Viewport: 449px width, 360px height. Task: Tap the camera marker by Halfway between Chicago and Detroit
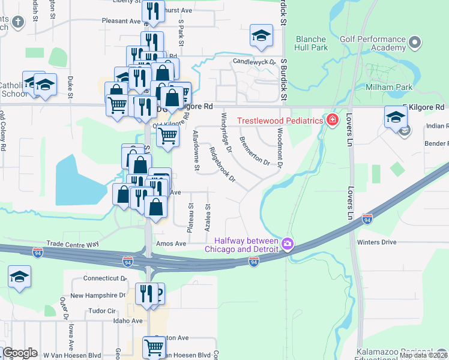(288, 243)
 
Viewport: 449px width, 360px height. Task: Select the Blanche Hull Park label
(310, 43)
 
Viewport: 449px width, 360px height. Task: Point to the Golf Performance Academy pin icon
(414, 41)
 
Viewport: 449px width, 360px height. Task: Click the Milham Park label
(389, 87)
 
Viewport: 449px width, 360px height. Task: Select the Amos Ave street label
(171, 244)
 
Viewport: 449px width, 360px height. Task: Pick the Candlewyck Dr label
(253, 62)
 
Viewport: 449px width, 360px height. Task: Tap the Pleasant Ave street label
(121, 20)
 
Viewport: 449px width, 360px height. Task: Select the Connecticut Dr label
(105, 278)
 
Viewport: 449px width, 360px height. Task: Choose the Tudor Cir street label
(101, 311)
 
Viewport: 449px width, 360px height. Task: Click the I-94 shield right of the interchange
(254, 261)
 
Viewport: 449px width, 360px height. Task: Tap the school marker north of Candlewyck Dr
(261, 35)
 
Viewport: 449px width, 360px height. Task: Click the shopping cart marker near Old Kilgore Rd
(168, 136)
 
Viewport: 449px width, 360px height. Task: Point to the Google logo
(19, 353)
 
